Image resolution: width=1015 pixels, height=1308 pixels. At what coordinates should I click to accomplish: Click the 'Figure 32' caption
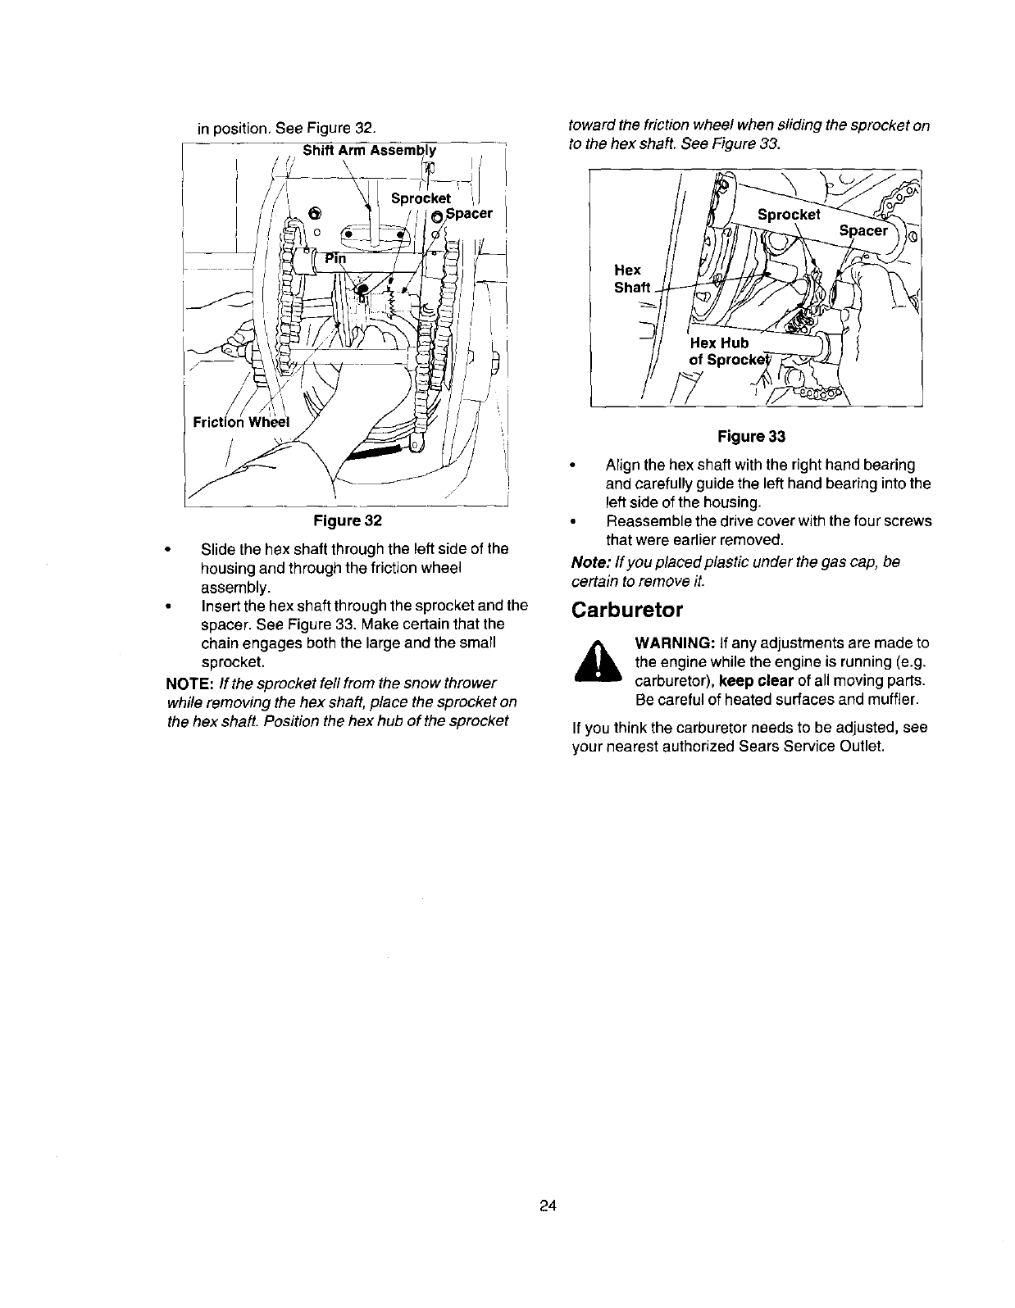(x=350, y=521)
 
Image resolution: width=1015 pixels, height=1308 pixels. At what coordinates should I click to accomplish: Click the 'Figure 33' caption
(x=751, y=437)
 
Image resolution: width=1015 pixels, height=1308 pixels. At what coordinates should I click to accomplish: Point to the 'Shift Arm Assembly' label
(x=369, y=150)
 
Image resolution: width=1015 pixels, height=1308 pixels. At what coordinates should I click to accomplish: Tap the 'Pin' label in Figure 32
(x=336, y=258)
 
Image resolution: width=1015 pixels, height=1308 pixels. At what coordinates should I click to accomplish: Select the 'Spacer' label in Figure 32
(x=468, y=214)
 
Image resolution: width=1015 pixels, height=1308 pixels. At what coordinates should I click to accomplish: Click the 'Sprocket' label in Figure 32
(x=421, y=198)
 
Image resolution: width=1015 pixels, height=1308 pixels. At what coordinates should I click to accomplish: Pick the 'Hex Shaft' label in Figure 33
(x=631, y=279)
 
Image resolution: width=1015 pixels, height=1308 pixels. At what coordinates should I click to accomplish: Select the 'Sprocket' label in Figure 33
(x=788, y=215)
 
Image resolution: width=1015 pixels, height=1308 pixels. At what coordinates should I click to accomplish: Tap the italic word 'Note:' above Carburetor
(x=590, y=562)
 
